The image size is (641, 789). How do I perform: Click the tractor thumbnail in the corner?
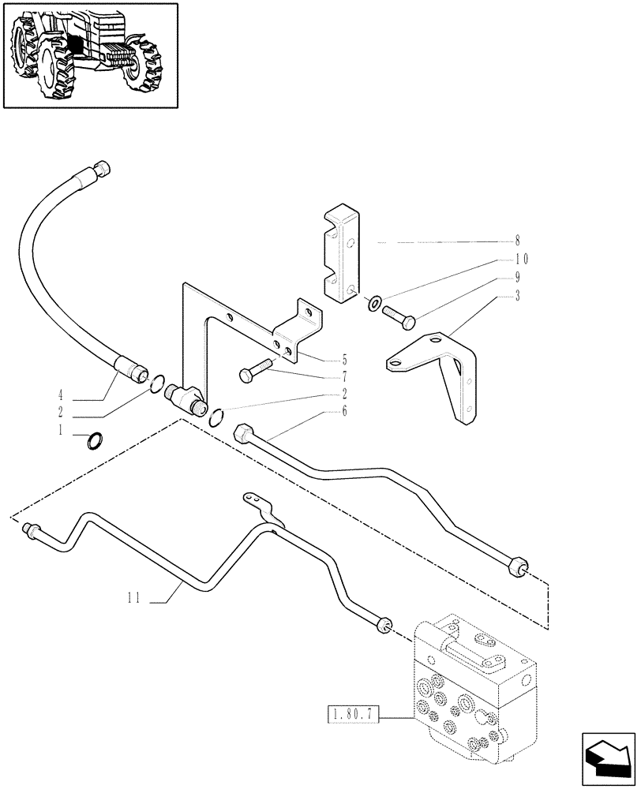89,56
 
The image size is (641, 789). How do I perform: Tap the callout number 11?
133,599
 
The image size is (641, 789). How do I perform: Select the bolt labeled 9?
399,317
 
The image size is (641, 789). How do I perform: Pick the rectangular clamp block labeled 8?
342,255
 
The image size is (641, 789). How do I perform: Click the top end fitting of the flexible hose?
102,168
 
